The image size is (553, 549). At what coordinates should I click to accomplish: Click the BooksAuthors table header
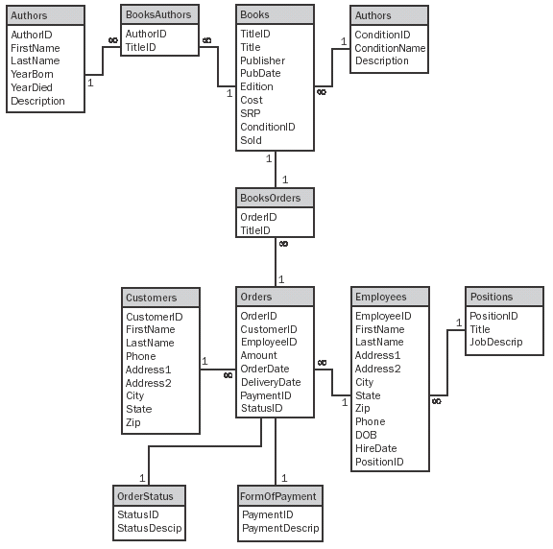coord(159,14)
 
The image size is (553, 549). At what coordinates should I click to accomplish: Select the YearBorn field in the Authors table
coord(34,74)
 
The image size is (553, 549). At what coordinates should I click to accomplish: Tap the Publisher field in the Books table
coord(262,60)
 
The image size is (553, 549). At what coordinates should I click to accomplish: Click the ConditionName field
coord(389,48)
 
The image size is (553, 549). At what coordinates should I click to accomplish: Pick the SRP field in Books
coord(250,113)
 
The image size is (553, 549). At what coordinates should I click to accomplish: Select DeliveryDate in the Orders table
coord(270,382)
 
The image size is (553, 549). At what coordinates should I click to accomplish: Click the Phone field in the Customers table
coord(140,356)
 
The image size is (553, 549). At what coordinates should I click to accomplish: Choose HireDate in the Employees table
coord(375,448)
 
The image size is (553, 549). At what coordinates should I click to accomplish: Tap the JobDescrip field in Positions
coord(495,343)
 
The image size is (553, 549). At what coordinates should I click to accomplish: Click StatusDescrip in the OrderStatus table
coord(149,528)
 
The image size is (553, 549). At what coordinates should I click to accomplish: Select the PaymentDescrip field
coord(279,528)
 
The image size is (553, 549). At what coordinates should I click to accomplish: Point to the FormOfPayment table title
coord(278,496)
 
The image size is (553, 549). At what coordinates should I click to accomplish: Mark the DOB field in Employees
coord(366,435)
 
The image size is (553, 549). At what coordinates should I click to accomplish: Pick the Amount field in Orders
coord(258,355)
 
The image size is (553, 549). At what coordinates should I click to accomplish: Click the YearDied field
coord(33,87)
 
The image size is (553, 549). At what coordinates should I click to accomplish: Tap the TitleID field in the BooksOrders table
coord(255,230)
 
